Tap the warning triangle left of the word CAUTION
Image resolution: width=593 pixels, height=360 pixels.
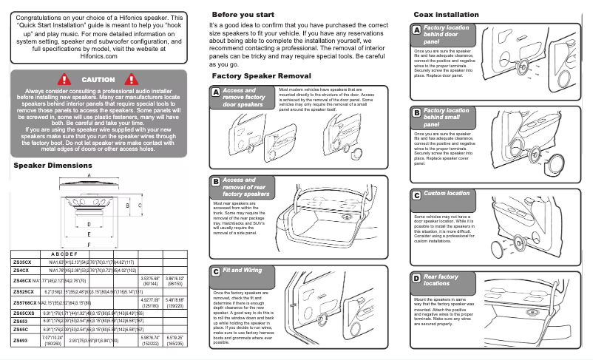[64, 79]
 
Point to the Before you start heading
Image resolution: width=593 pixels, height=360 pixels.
[243, 15]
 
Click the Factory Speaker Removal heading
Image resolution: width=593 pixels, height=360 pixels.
[261, 76]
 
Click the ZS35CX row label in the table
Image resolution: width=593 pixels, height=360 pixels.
[21, 262]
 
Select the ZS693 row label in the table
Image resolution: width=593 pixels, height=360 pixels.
[20, 340]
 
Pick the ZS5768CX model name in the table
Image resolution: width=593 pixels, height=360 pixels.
[25, 303]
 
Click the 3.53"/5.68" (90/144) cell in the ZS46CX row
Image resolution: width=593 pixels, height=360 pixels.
[150, 281]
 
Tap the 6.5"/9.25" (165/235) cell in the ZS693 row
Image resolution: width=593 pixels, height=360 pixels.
[175, 340]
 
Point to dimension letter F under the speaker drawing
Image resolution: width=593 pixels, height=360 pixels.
[89, 243]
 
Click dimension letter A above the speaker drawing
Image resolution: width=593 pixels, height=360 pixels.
[89, 176]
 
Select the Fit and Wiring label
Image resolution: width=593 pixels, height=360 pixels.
[242, 271]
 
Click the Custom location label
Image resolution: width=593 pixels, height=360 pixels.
[446, 194]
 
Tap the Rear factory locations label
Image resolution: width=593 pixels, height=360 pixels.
[441, 279]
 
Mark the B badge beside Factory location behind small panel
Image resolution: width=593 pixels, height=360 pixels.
[416, 112]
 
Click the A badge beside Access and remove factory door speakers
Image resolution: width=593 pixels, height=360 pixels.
[215, 92]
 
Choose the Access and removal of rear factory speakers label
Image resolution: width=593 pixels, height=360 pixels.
[245, 186]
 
